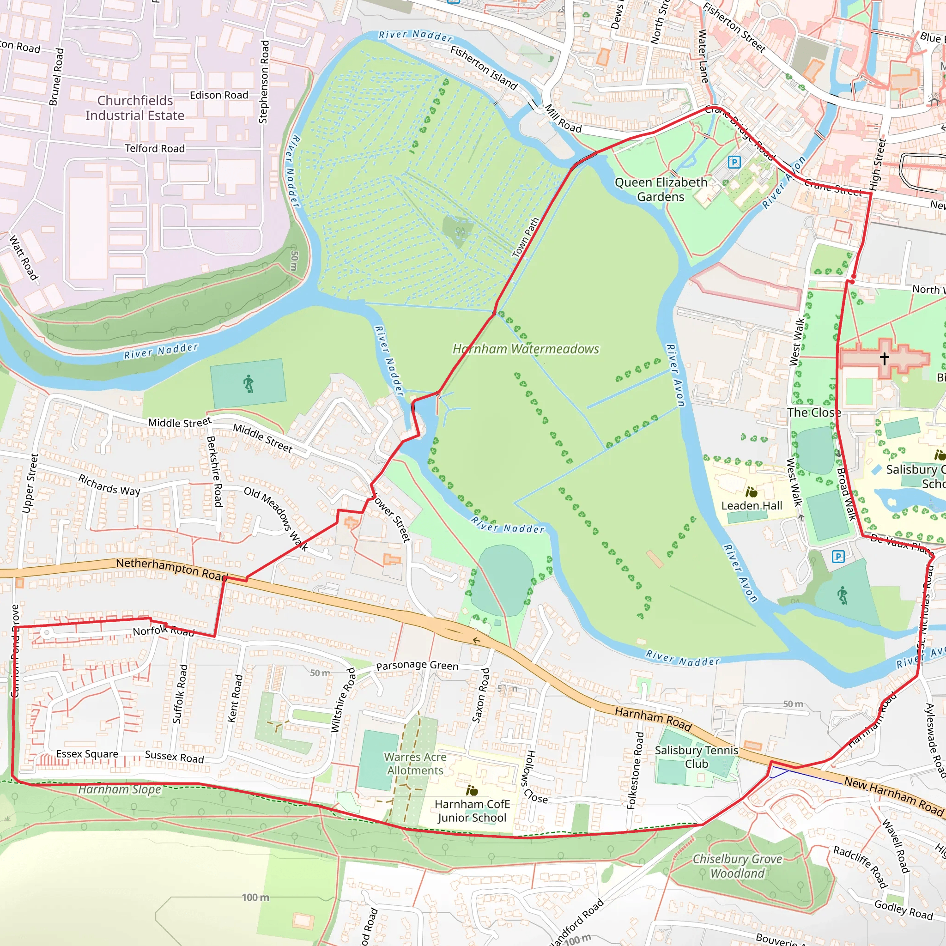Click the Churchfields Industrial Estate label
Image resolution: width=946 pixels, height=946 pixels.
click(x=135, y=108)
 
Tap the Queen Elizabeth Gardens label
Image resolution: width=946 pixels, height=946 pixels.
click(x=661, y=189)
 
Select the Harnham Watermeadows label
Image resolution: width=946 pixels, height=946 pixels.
click(x=525, y=349)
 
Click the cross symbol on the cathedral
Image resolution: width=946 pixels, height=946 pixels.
click(x=884, y=358)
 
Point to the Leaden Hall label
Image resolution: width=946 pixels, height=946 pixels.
click(x=752, y=505)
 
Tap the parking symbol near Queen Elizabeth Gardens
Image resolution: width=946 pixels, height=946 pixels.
click(x=734, y=162)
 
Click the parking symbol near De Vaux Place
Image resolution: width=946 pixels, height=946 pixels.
click(x=838, y=556)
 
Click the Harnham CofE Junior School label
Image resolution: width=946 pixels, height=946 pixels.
click(x=472, y=811)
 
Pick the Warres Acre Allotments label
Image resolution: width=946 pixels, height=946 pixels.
click(x=415, y=764)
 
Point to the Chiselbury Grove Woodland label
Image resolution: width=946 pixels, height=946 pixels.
click(x=737, y=866)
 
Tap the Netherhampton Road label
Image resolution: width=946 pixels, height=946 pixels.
click(x=171, y=568)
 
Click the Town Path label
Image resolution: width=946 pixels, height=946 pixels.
click(x=525, y=237)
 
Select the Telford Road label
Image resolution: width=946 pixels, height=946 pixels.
click(x=155, y=148)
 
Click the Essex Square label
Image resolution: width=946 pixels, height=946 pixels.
click(x=87, y=754)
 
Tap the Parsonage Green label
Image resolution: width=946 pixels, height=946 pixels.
click(x=417, y=666)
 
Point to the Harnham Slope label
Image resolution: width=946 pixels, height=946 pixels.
click(x=120, y=789)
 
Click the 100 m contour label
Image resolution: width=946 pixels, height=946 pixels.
click(x=255, y=897)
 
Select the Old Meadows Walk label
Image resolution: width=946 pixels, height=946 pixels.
click(x=276, y=519)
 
